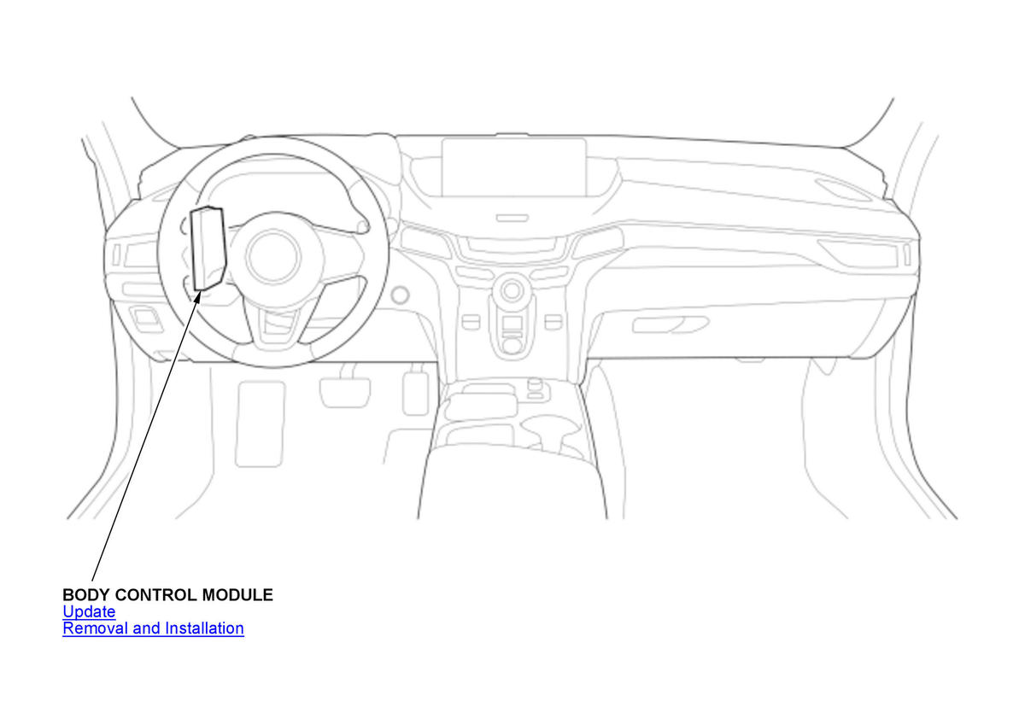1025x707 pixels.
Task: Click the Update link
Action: [89, 611]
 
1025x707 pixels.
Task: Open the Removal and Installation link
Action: [153, 628]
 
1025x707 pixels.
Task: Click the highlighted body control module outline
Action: [208, 248]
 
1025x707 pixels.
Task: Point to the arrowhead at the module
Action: [197, 297]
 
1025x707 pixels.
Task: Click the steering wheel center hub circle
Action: [273, 256]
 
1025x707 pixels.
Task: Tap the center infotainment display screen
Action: [514, 167]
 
